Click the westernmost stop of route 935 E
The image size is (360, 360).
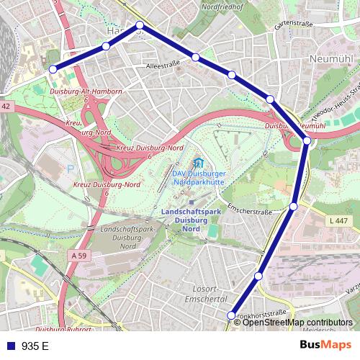click(53, 69)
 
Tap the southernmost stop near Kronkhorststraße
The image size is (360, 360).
click(231, 315)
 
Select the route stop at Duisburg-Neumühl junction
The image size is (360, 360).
click(307, 140)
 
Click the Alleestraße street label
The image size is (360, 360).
click(162, 64)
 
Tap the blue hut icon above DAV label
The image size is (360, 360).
click(199, 163)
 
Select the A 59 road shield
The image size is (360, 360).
click(78, 255)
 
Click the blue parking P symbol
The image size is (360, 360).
click(71, 168)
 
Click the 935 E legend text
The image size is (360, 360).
click(35, 346)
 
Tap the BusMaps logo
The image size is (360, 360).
click(324, 345)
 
